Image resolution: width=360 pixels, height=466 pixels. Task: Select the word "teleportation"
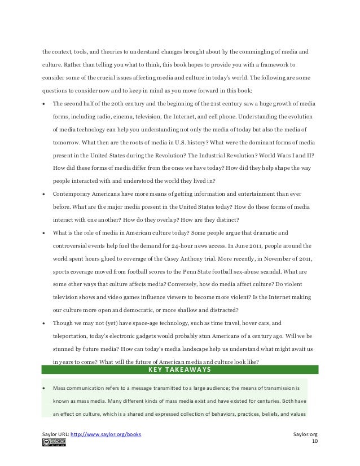coord(70,337)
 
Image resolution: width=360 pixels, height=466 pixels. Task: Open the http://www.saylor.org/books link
coord(108,434)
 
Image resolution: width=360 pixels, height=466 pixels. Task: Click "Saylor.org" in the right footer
coord(306,434)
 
